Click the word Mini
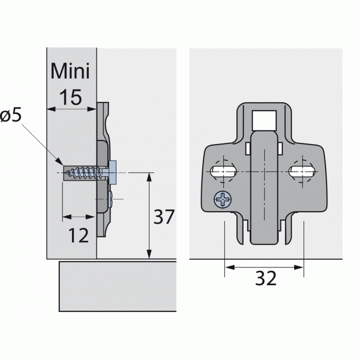pos(70,72)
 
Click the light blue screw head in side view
pos(113,172)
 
